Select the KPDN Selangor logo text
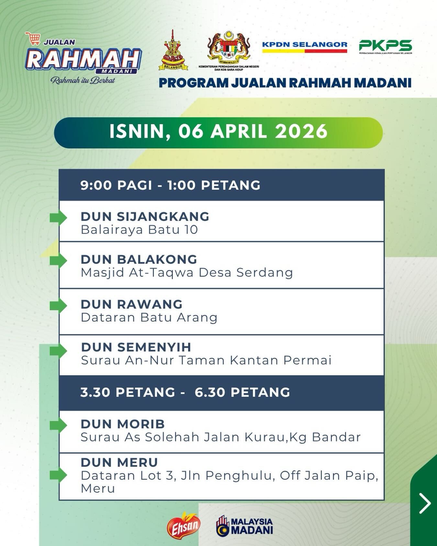[x=305, y=44]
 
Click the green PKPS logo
[x=386, y=46]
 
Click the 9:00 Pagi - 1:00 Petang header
[x=171, y=185]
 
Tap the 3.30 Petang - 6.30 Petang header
[x=185, y=392]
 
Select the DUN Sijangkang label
[x=145, y=217]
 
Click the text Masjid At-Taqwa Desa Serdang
[x=187, y=273]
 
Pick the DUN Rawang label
[x=132, y=304]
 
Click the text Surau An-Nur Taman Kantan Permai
[x=206, y=360]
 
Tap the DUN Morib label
[x=123, y=424]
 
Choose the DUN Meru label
[x=119, y=462]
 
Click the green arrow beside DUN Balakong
[x=58, y=260]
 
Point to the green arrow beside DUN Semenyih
[x=58, y=351]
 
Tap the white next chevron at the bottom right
[x=425, y=503]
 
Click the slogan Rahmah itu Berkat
[x=83, y=81]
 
